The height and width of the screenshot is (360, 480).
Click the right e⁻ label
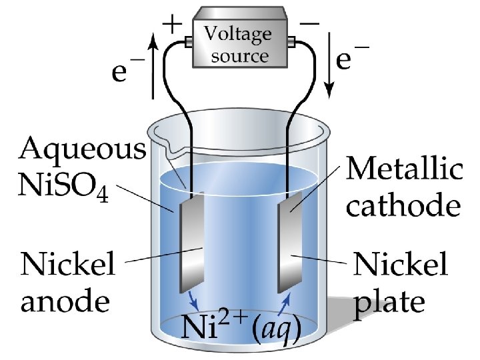click(x=354, y=61)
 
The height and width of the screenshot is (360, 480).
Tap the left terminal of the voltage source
click(x=187, y=42)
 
